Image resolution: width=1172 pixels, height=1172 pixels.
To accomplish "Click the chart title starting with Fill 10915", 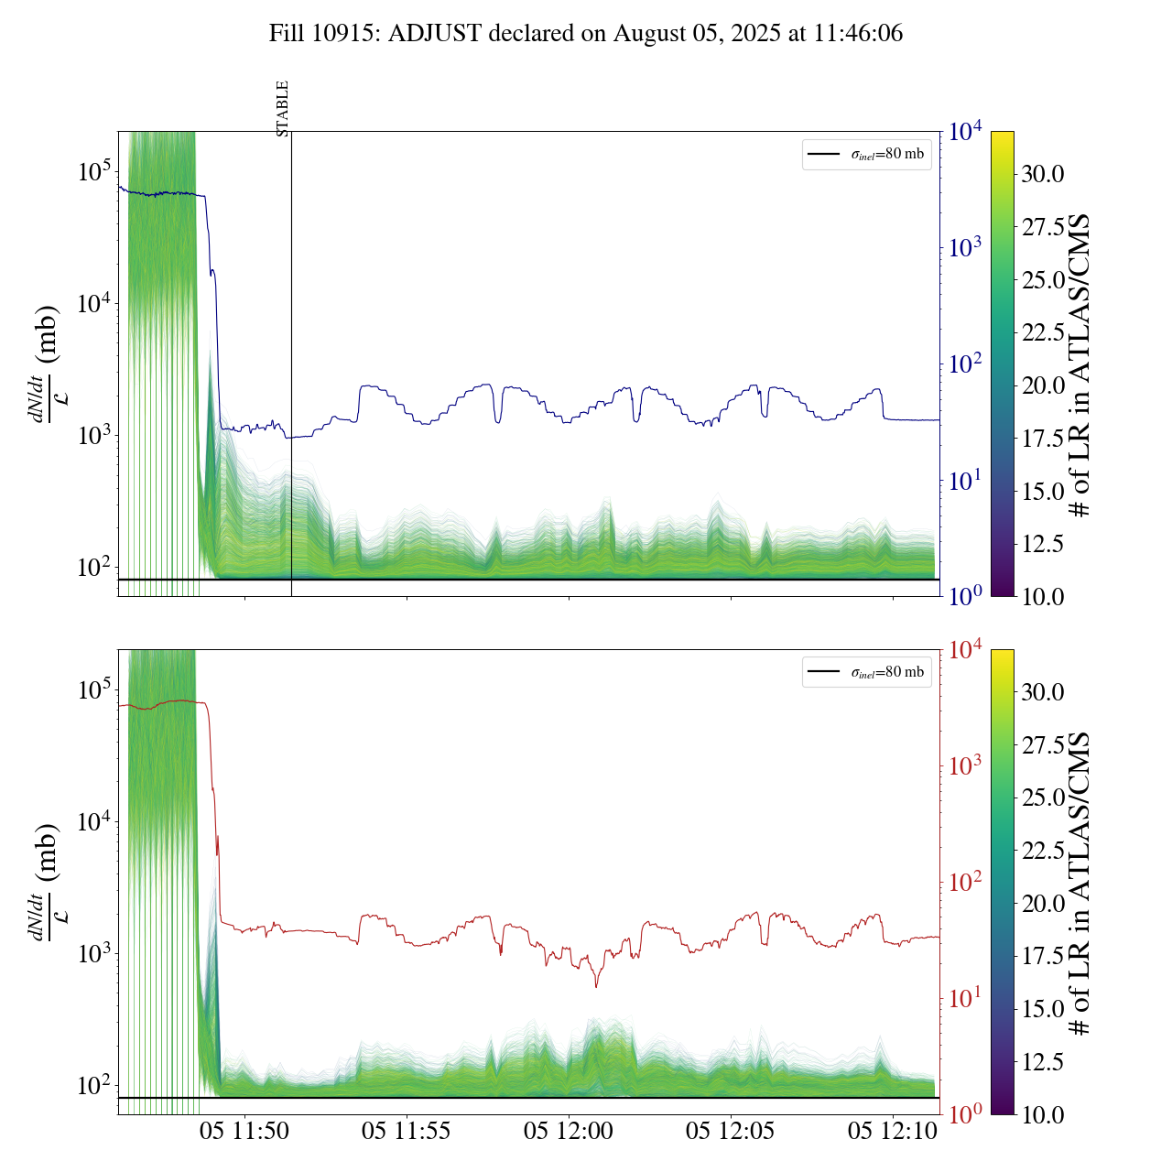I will tap(586, 34).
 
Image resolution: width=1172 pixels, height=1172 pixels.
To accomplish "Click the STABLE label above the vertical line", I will tap(283, 108).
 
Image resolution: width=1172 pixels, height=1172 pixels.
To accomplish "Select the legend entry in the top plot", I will tap(866, 154).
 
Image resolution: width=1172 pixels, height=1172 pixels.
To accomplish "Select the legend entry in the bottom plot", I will tap(866, 672).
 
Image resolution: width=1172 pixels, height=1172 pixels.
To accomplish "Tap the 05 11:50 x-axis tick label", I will tap(244, 1131).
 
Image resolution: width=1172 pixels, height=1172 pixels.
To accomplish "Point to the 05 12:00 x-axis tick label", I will tap(569, 1131).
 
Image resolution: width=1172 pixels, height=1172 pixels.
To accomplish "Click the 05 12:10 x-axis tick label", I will tap(893, 1131).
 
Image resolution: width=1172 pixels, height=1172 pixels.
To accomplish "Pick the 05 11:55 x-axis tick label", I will tap(407, 1131).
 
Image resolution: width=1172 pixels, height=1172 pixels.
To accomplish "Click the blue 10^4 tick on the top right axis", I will tap(966, 133).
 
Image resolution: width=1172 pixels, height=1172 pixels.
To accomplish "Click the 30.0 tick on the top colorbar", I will tap(1043, 174).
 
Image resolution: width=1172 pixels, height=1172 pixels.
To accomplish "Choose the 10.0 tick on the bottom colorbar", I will tap(1043, 1114).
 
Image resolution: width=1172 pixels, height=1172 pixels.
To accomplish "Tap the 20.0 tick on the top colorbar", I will tap(1043, 385).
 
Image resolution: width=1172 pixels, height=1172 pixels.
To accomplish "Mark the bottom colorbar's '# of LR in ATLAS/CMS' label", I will tap(1081, 883).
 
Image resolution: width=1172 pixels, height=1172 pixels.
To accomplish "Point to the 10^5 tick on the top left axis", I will tap(94, 172).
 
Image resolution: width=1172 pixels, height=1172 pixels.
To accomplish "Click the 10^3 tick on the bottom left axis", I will tap(94, 954).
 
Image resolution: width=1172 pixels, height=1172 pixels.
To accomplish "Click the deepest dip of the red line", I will tap(596, 986).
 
